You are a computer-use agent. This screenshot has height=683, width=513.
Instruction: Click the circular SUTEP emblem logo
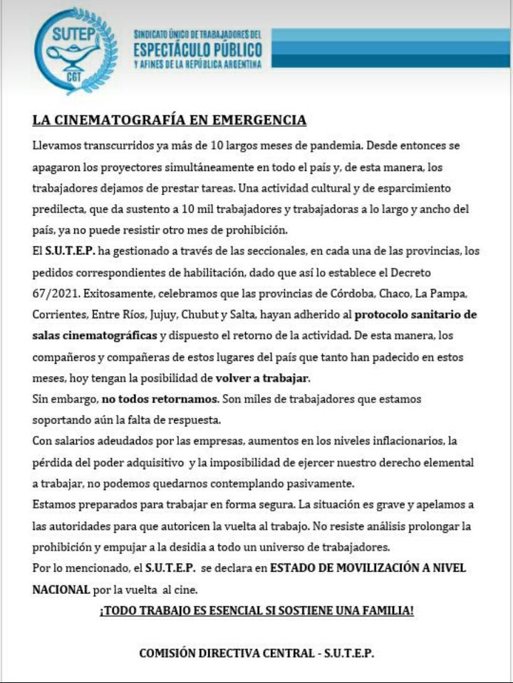click(75, 51)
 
